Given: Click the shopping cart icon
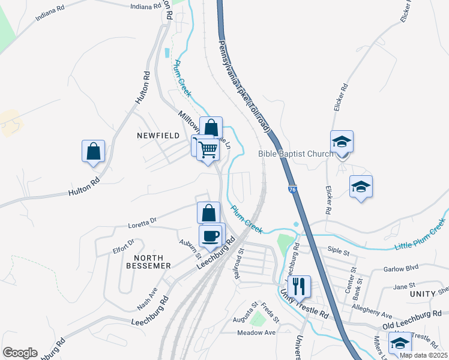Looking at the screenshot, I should pyautogui.click(x=208, y=148).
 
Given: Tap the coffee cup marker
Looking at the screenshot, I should pyautogui.click(x=210, y=235).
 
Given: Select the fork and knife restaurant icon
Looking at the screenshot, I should pyautogui.click(x=298, y=285).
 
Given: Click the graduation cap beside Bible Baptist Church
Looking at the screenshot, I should pyautogui.click(x=342, y=142).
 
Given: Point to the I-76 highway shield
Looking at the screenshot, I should pyautogui.click(x=291, y=189).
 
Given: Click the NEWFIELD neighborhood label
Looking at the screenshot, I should pyautogui.click(x=158, y=136).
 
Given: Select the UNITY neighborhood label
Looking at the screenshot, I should pyautogui.click(x=423, y=295).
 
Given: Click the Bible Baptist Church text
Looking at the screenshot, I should pyautogui.click(x=295, y=154).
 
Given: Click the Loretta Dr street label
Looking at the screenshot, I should pyautogui.click(x=142, y=223).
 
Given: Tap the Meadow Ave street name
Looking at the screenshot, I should pyautogui.click(x=256, y=332).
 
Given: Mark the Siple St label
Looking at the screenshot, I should pyautogui.click(x=338, y=248).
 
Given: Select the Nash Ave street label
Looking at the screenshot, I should pyautogui.click(x=146, y=298).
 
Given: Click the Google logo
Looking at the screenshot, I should pyautogui.click(x=20, y=353).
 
